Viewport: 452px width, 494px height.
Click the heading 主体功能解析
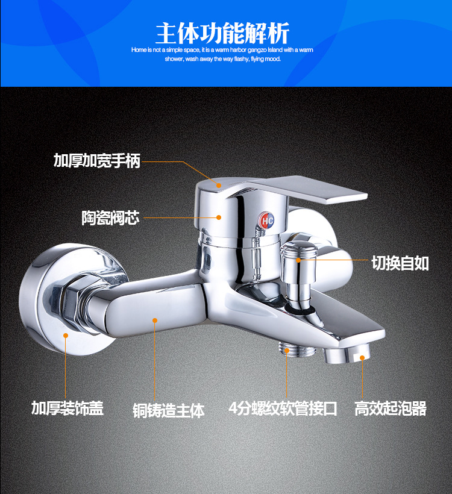[222, 31]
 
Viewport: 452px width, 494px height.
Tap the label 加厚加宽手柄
[97, 161]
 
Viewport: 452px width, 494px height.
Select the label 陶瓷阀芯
[110, 217]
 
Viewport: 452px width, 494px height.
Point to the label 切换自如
[400, 263]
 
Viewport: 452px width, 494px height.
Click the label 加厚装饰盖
[67, 408]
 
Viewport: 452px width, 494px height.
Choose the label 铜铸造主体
[169, 410]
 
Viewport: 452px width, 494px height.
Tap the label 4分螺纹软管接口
[283, 408]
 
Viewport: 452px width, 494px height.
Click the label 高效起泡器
[391, 408]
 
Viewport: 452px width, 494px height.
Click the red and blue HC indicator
[267, 221]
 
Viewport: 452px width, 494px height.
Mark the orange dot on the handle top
[219, 184]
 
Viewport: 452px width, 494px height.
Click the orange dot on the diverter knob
[300, 260]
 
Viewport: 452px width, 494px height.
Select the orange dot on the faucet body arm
[155, 321]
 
